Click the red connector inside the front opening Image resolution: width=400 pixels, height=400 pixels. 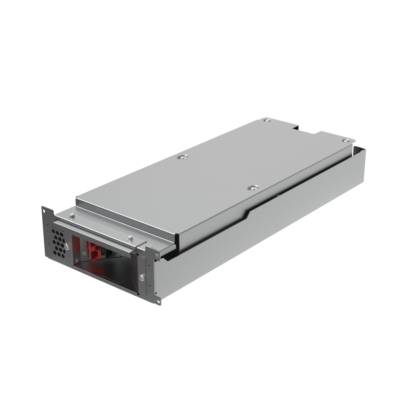tap(92, 250)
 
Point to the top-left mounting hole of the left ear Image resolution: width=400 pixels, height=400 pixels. tap(43, 211)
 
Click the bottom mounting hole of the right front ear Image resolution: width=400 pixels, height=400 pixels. tap(158, 301)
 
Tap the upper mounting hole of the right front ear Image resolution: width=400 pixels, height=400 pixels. tap(157, 256)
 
